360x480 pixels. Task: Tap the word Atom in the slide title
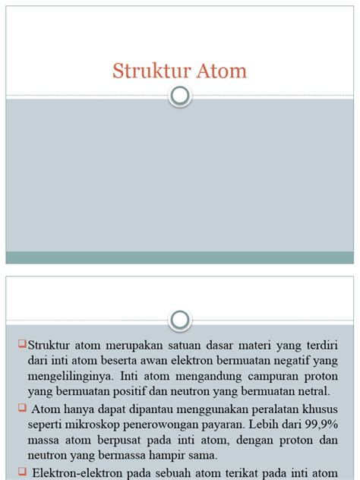coord(220,71)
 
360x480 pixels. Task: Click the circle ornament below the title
coord(180,96)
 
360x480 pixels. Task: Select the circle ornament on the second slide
coord(180,320)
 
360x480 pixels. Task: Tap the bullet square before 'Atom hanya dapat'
coord(22,409)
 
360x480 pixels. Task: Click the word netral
coord(312,392)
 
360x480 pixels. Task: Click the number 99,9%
coord(317,424)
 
